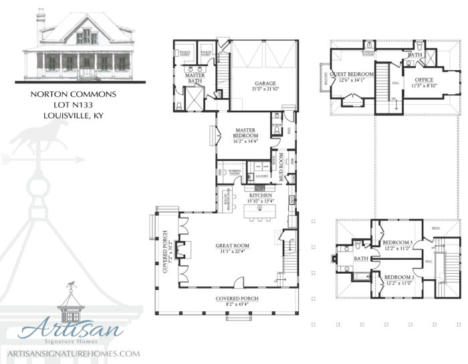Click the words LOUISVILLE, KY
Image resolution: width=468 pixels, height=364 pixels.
pyautogui.click(x=74, y=116)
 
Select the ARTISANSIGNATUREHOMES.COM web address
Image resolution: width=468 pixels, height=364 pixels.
pyautogui.click(x=72, y=353)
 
